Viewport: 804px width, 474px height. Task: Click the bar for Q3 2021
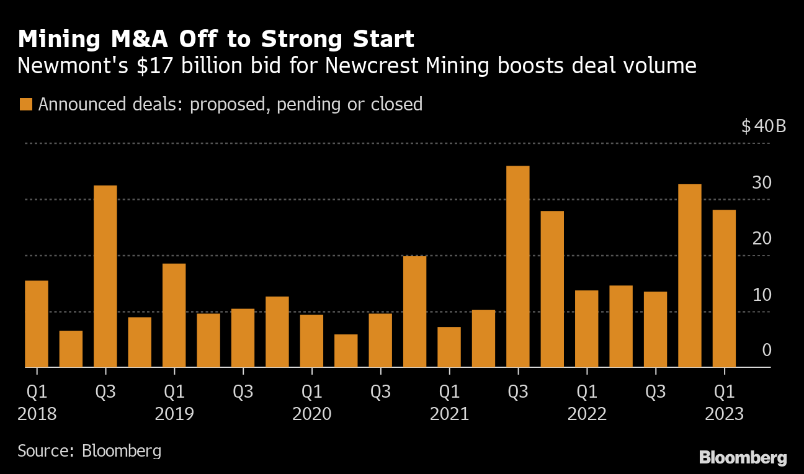pos(518,266)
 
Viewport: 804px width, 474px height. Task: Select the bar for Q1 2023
pos(724,288)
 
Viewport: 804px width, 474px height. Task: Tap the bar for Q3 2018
pos(105,276)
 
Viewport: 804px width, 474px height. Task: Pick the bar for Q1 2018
pos(37,324)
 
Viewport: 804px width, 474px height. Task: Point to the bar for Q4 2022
pos(690,275)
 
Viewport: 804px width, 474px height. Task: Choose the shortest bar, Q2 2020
pos(346,351)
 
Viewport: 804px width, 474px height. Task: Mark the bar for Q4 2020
pos(414,311)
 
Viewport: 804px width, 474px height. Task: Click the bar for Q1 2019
pos(174,315)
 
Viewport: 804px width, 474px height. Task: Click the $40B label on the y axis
pos(764,127)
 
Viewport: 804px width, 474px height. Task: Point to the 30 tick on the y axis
pos(762,183)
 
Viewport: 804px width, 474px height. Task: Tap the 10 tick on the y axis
pos(762,295)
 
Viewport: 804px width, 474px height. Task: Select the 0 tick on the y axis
pos(767,351)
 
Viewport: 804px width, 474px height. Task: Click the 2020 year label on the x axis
pos(311,414)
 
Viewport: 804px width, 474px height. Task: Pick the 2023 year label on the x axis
pos(724,414)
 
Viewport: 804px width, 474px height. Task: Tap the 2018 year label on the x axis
pos(37,414)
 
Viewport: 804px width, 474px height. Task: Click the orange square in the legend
pos(25,104)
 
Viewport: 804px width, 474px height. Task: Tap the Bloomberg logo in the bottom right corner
pos(743,458)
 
